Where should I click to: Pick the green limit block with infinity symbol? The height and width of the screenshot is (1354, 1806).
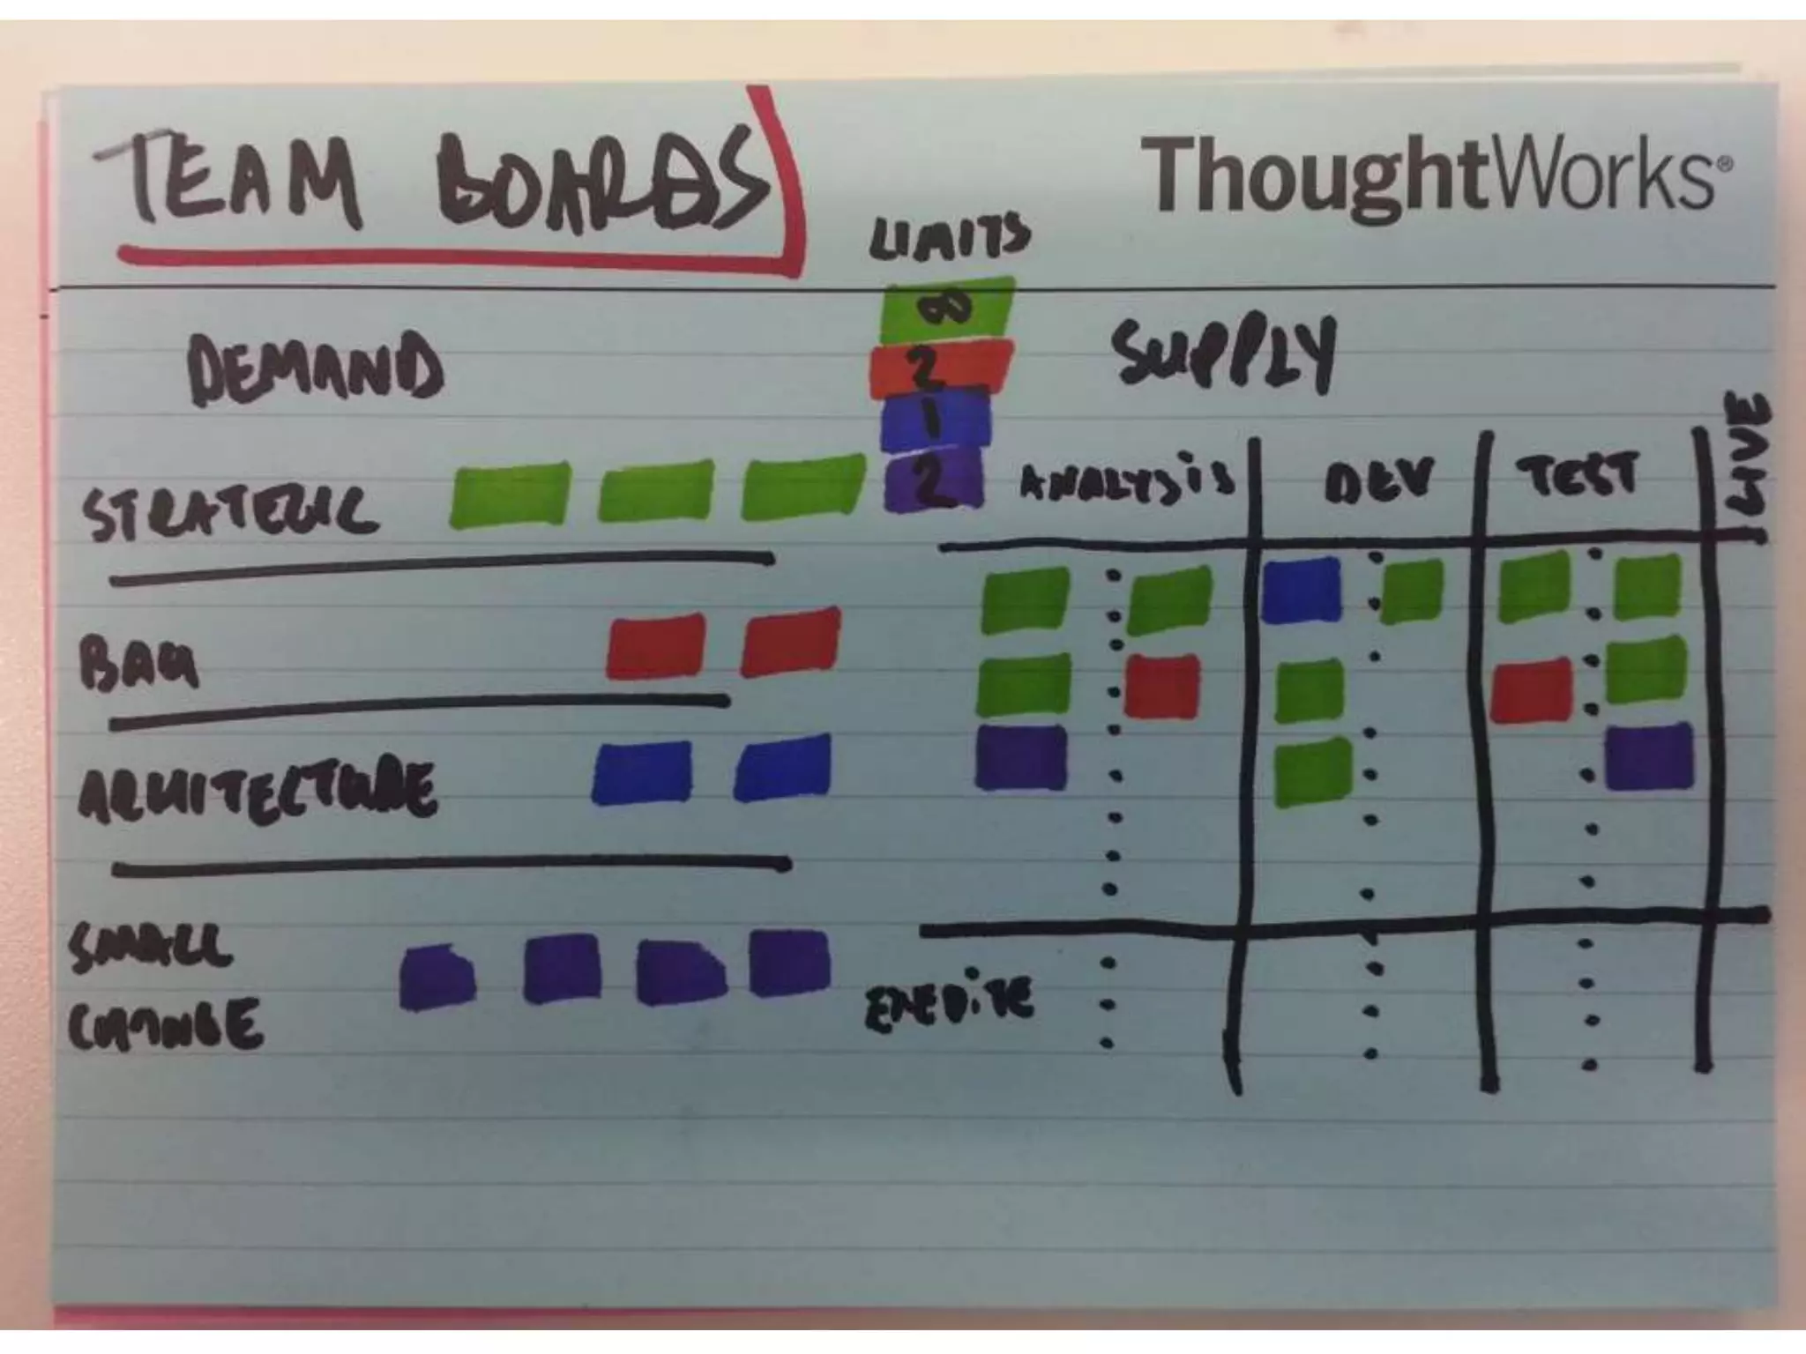coord(946,309)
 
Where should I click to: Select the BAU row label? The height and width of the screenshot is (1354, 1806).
coord(139,663)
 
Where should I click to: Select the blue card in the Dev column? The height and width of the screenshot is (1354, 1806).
coord(1301,590)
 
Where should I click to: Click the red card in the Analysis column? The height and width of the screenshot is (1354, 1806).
coord(1163,686)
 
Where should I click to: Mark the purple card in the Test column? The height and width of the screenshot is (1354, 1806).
coord(1648,756)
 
